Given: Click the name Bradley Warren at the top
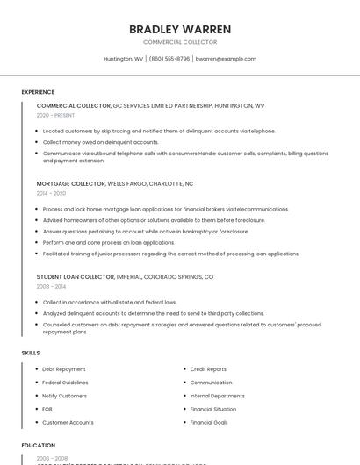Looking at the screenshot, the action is pyautogui.click(x=180, y=29).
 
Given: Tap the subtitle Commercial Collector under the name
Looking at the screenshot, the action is pyautogui.click(x=180, y=42).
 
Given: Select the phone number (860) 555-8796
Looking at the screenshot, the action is pyautogui.click(x=169, y=59).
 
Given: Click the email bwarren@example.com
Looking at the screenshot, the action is pyautogui.click(x=226, y=59).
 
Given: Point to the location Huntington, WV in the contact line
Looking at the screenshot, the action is pyautogui.click(x=124, y=59).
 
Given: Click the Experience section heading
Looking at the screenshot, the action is pyautogui.click(x=38, y=92).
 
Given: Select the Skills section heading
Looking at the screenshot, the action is pyautogui.click(x=31, y=353).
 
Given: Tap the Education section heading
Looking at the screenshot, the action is pyautogui.click(x=39, y=446).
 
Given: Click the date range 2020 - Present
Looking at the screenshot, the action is pyautogui.click(x=55, y=115).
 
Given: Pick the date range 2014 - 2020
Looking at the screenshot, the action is pyautogui.click(x=51, y=193).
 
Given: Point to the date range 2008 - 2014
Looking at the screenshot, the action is pyautogui.click(x=51, y=286).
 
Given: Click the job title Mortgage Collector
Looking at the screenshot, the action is pyautogui.click(x=70, y=184).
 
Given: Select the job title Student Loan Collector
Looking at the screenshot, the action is pyautogui.click(x=76, y=277).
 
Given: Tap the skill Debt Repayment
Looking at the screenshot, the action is pyautogui.click(x=64, y=369).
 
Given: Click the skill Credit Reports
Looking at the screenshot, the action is pyautogui.click(x=208, y=369).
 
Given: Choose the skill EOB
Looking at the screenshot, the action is pyautogui.click(x=47, y=409).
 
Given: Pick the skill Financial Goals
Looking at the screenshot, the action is pyautogui.click(x=209, y=422).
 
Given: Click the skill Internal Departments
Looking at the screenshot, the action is pyautogui.click(x=217, y=396).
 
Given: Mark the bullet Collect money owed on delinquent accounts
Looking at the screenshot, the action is pyautogui.click(x=101, y=142).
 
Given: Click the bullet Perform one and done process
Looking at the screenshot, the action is pyautogui.click(x=109, y=242).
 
